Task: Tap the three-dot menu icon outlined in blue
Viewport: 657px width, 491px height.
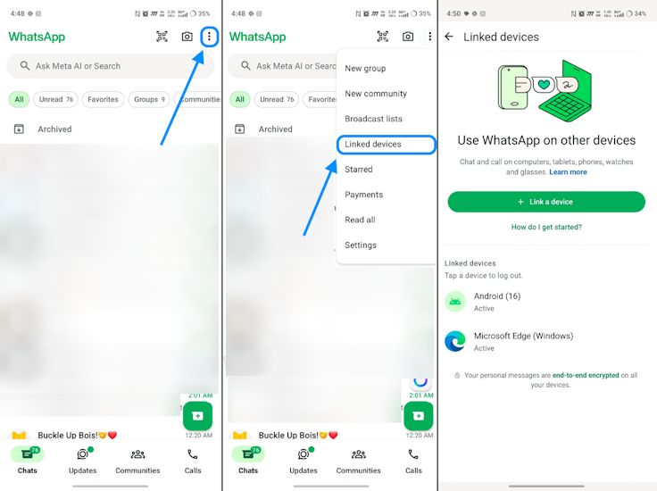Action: point(209,37)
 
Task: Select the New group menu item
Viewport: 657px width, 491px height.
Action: point(365,69)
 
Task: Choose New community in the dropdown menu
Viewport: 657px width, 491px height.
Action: point(376,94)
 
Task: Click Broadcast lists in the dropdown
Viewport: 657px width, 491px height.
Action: point(373,119)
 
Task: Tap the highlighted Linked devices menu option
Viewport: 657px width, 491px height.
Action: point(373,144)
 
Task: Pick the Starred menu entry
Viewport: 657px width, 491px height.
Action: point(359,170)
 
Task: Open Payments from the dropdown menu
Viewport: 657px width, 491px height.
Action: point(363,195)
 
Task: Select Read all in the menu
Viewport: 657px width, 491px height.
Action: point(360,220)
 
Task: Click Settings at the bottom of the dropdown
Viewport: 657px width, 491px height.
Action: point(361,245)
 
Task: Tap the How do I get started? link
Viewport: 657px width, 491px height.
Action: point(546,228)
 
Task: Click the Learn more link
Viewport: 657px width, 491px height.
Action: point(568,172)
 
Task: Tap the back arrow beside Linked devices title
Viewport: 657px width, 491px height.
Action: point(449,37)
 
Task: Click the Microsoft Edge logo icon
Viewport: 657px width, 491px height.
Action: point(455,341)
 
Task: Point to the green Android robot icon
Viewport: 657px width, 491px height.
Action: point(455,302)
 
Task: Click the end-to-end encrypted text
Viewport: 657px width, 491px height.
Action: point(586,376)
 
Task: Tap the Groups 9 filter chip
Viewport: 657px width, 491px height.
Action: point(149,100)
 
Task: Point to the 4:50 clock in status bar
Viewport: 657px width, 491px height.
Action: point(453,13)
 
